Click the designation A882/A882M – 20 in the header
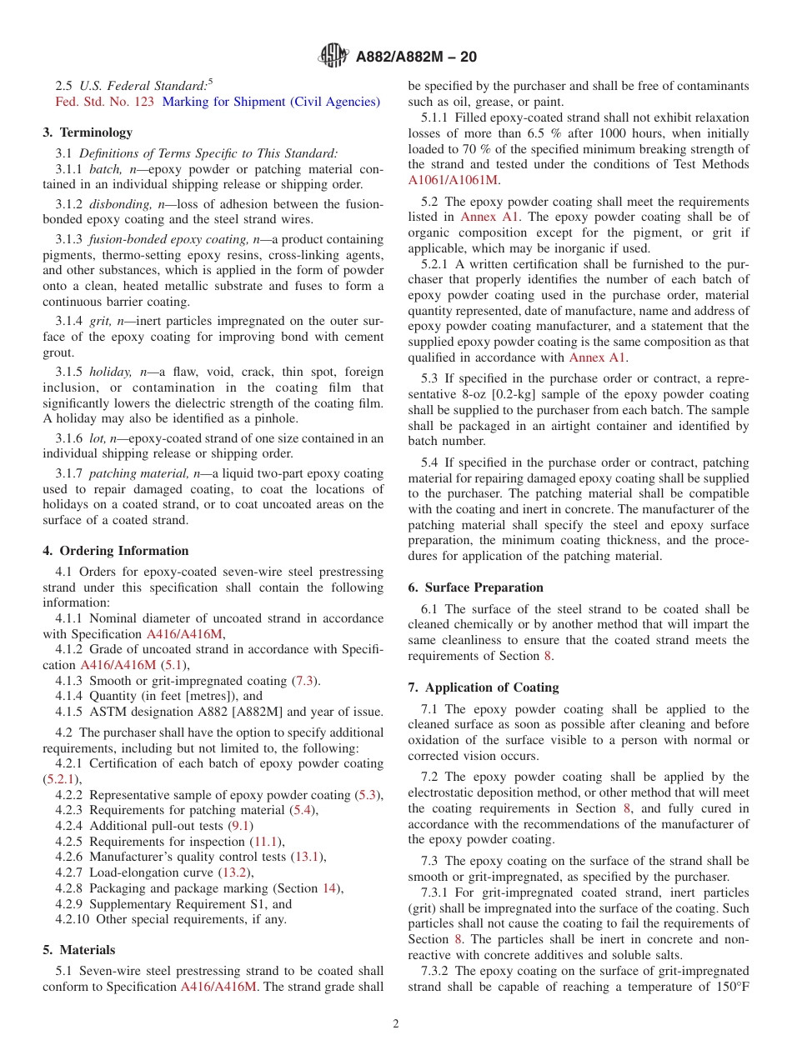tap(416, 57)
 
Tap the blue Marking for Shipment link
tap(271, 102)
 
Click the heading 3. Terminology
tap(88, 132)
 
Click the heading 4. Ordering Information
tap(116, 551)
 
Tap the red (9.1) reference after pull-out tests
tap(241, 826)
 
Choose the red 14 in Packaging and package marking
tap(329, 888)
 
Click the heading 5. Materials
tap(79, 950)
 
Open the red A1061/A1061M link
tap(453, 180)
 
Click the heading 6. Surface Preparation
tap(475, 587)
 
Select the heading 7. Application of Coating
tap(484, 687)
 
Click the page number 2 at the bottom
tap(396, 1024)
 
